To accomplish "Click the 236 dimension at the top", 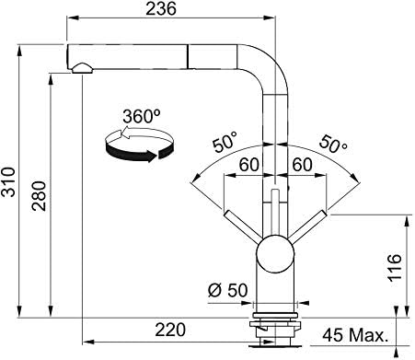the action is click(161, 8).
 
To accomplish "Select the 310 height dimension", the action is click(8, 181).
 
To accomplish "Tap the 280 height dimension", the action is click(39, 196).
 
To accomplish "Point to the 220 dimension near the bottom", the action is click(170, 330).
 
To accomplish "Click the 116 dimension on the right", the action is click(395, 268).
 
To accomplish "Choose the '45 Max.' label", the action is click(355, 335).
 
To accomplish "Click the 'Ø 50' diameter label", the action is click(227, 290).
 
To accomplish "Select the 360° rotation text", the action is click(142, 116).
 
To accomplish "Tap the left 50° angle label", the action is click(225, 142).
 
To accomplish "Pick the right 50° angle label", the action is click(333, 144).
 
